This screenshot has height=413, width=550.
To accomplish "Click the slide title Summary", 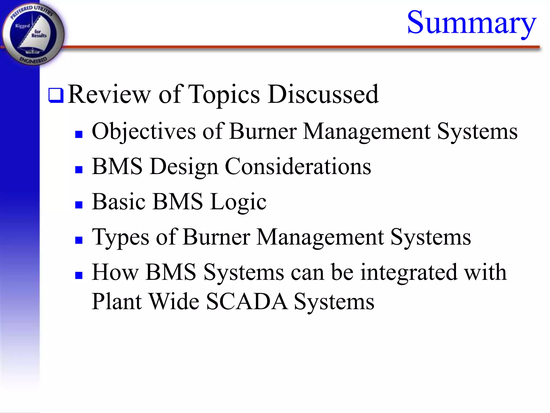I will (472, 23).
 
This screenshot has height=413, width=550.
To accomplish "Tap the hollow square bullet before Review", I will (56, 95).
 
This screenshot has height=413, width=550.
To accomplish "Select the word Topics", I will (224, 95).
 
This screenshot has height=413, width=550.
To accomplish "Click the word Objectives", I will (144, 131).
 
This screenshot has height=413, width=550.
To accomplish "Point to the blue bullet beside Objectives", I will (79, 134).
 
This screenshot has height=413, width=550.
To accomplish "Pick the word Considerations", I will (298, 166).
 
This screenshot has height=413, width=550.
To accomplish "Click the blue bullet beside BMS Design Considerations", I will (79, 169).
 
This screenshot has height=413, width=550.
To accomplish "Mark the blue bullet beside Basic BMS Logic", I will (79, 205).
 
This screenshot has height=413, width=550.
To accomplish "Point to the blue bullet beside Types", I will (79, 240).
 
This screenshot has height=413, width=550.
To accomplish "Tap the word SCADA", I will (247, 301).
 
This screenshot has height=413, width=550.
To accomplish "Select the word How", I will (115, 272).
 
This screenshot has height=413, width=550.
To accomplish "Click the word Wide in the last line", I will (174, 301).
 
